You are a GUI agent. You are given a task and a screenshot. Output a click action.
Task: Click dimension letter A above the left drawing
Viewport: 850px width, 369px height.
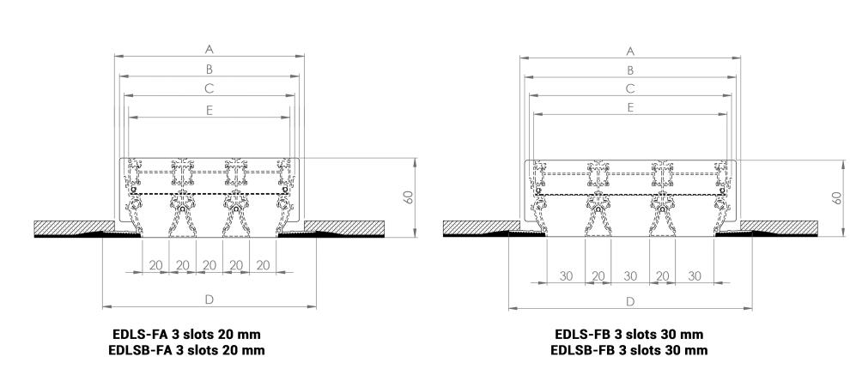(209, 49)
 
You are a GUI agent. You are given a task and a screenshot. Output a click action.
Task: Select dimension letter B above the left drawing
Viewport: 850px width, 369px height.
(209, 69)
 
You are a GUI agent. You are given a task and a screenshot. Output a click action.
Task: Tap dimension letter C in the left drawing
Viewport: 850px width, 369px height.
(209, 88)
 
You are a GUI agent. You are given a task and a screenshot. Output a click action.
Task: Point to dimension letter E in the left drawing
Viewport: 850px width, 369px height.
(209, 110)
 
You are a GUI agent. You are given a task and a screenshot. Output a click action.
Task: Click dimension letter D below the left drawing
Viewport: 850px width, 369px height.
(209, 299)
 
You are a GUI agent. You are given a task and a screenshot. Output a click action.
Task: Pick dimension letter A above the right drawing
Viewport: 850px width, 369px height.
(630, 51)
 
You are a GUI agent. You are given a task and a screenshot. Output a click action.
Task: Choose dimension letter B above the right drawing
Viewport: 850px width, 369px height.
(630, 70)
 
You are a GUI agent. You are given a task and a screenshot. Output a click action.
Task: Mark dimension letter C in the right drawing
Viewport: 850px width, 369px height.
(630, 88)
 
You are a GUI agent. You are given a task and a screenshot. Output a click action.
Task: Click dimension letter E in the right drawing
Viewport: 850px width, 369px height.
(630, 107)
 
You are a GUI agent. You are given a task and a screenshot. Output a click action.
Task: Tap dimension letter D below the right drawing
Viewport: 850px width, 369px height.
(630, 301)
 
